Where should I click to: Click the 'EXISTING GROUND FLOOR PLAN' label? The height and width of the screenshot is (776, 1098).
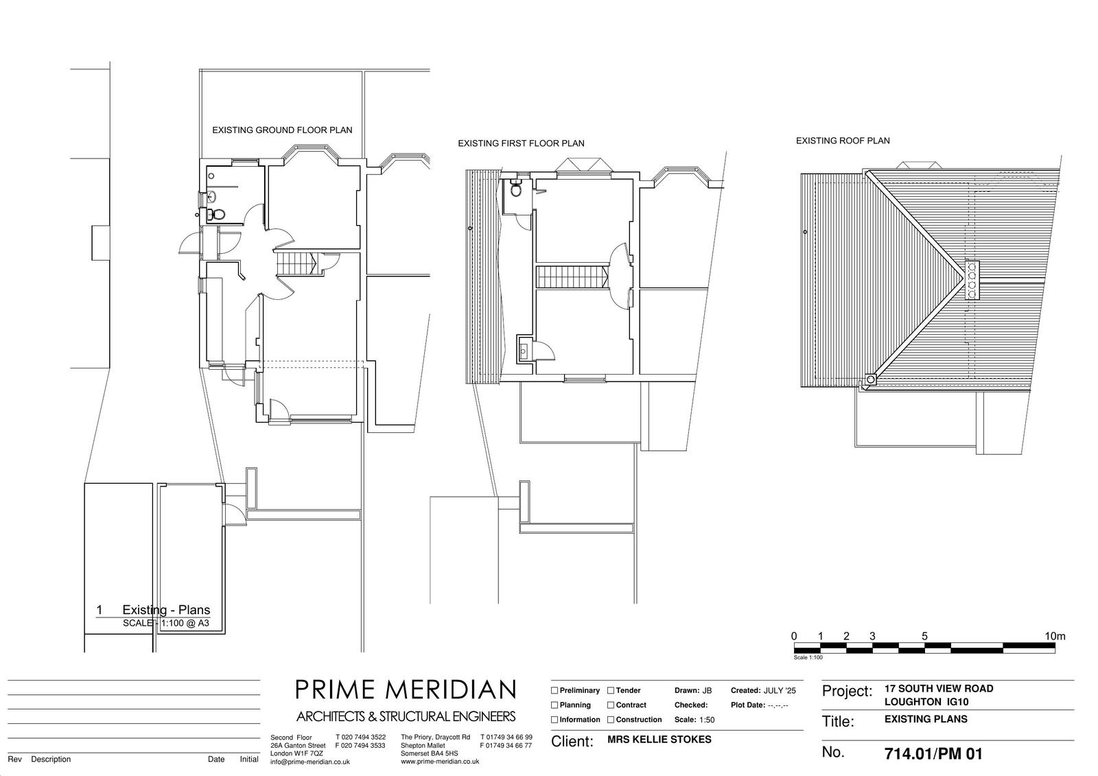[x=282, y=130]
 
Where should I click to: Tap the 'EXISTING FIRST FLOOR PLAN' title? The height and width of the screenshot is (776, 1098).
[x=521, y=143]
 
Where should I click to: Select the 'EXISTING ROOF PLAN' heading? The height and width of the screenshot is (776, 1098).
[x=843, y=141]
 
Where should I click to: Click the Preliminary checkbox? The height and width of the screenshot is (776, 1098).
[x=554, y=690]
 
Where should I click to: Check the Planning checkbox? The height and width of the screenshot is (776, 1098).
[x=554, y=705]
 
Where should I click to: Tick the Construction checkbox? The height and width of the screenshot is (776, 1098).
[x=611, y=720]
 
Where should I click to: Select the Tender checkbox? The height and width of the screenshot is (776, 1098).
[x=611, y=690]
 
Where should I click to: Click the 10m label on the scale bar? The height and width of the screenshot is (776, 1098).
[x=1055, y=636]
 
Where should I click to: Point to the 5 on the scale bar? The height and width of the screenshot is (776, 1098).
[x=924, y=636]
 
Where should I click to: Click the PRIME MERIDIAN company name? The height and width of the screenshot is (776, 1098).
[x=406, y=690]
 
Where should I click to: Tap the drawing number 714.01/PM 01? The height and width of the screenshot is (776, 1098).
[x=933, y=754]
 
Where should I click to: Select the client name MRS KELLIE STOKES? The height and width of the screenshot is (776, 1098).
[x=659, y=739]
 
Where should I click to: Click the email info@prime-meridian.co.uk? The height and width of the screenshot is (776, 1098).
[x=309, y=762]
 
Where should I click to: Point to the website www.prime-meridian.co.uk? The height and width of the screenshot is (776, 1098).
[x=440, y=762]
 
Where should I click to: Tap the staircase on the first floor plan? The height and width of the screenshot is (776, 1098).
[x=572, y=277]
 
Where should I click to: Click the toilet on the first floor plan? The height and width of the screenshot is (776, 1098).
[x=516, y=188]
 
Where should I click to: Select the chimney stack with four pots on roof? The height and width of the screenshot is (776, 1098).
[x=971, y=281]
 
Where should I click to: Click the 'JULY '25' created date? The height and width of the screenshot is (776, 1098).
[x=780, y=691]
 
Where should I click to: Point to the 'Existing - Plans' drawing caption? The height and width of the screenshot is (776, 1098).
[x=166, y=610]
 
